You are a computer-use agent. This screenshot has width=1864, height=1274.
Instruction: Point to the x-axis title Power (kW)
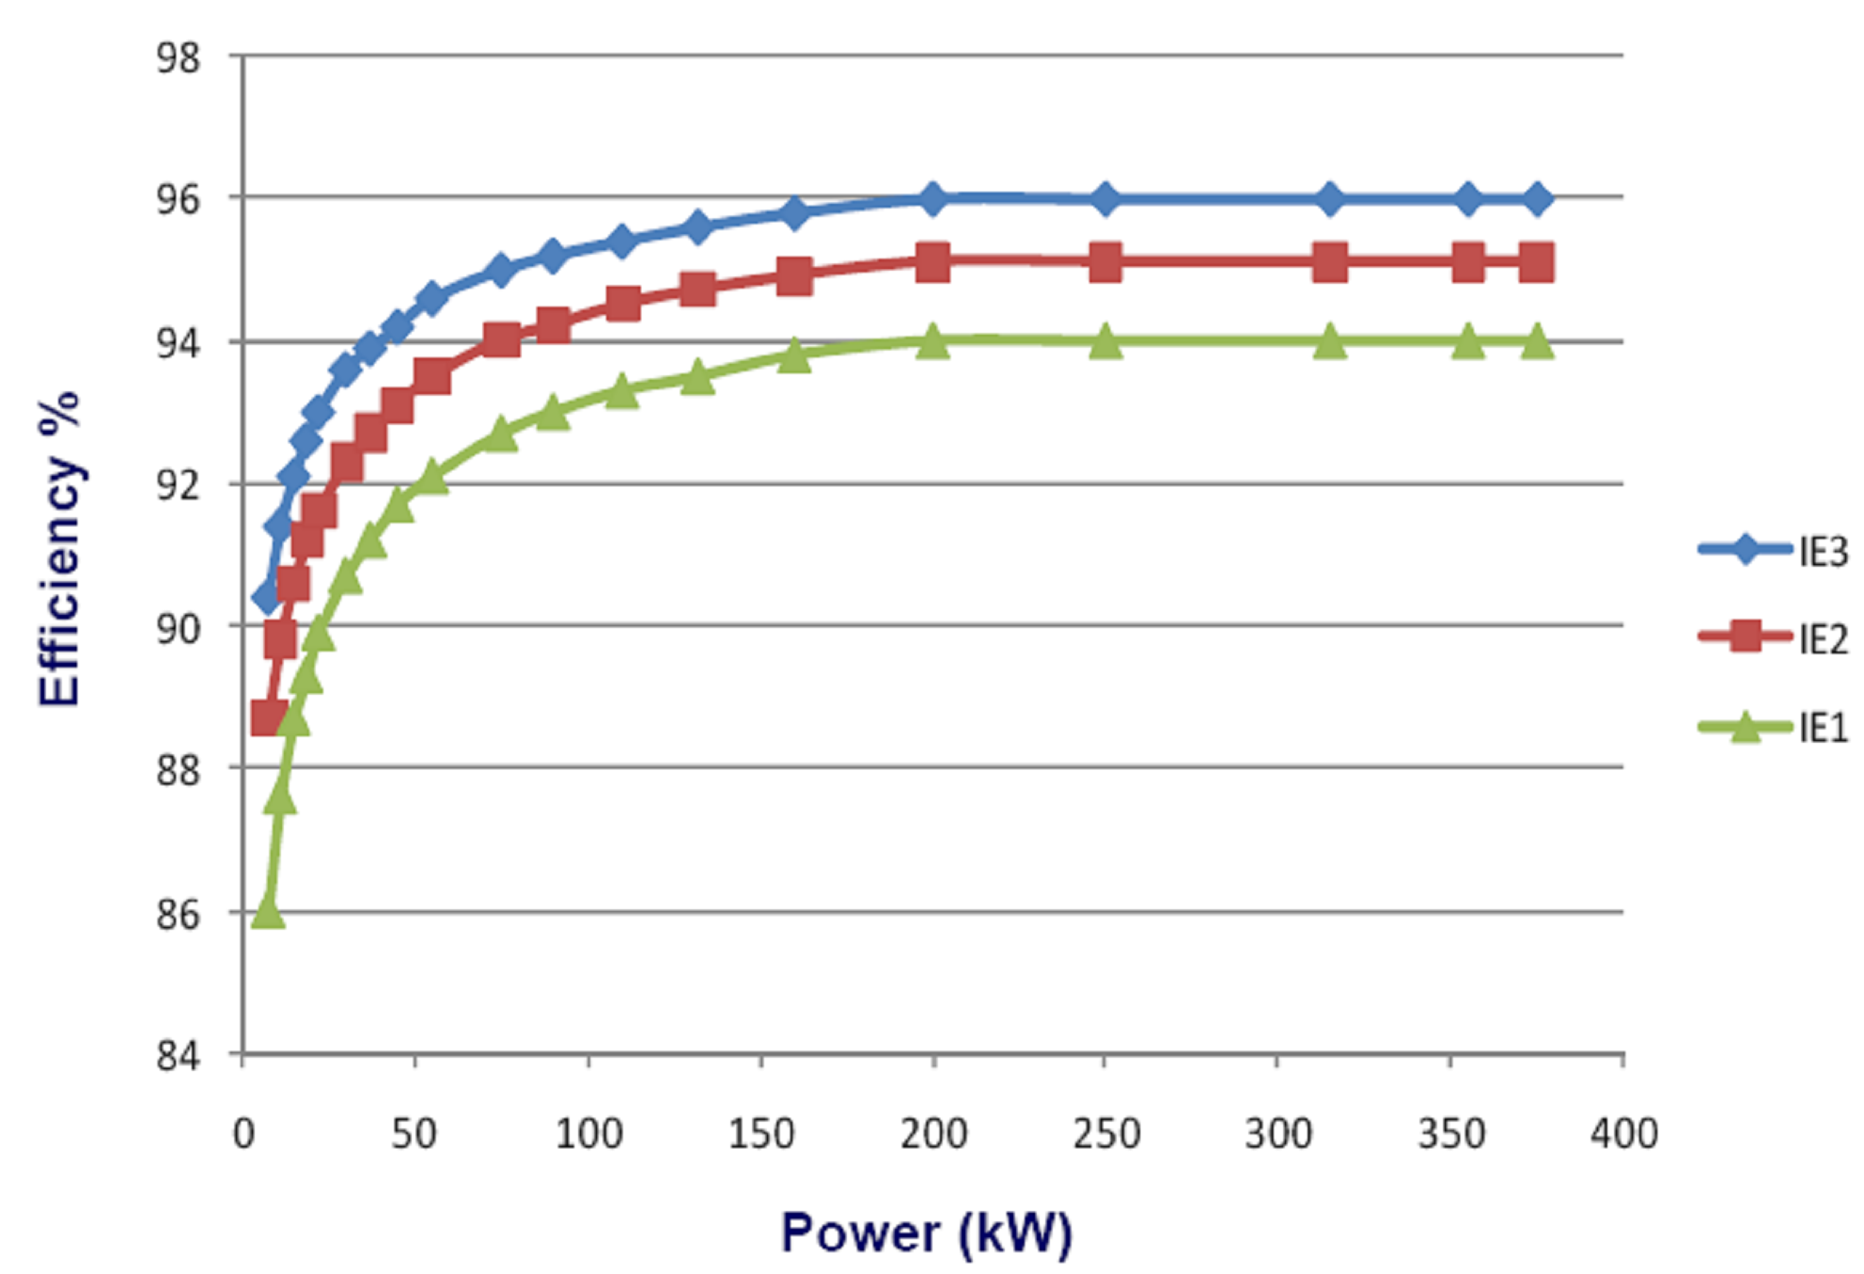click(926, 1232)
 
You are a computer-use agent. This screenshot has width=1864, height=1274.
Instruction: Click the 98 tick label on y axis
click(178, 58)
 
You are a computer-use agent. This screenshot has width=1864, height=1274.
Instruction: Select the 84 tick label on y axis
click(178, 1056)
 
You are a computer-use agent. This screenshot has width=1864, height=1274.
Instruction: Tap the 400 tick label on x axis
click(1623, 1133)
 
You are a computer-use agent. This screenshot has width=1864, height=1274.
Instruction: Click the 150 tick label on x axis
click(761, 1133)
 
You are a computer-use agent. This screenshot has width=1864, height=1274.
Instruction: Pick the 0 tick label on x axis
click(243, 1133)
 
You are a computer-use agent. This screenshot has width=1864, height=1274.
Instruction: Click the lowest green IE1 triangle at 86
click(268, 910)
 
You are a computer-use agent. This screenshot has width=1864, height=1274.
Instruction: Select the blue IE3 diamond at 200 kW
click(932, 199)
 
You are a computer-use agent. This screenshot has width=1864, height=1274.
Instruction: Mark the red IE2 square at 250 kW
click(1105, 262)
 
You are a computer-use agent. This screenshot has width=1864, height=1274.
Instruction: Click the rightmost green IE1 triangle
click(1537, 341)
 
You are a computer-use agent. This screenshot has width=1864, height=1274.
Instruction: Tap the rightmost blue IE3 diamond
click(1537, 199)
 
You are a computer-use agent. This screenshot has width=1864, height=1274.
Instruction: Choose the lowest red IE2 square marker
click(269, 718)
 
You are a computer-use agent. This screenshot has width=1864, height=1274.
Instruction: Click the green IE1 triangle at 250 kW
click(1105, 342)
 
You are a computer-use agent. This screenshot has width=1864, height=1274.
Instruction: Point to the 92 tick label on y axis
click(178, 485)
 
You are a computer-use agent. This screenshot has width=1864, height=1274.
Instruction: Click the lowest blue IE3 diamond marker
click(267, 596)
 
